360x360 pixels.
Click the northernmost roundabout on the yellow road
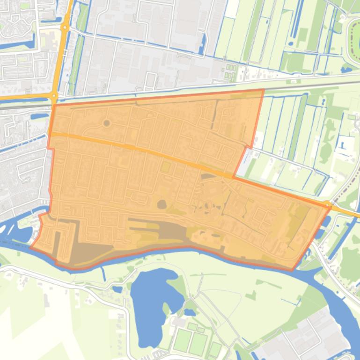65,28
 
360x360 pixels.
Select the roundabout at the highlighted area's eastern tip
327,204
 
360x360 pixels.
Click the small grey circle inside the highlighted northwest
106,123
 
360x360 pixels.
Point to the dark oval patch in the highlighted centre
162,204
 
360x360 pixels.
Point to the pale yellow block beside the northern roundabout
49,40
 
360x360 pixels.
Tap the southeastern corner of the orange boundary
293,270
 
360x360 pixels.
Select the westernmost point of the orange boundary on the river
31,247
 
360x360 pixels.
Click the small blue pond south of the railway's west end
40,116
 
